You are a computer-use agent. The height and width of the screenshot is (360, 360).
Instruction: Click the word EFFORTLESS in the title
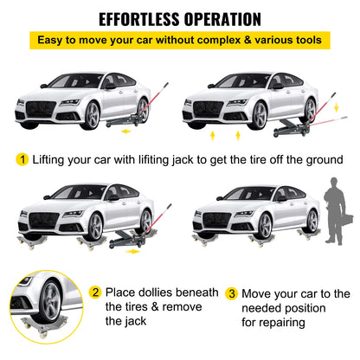[141, 18]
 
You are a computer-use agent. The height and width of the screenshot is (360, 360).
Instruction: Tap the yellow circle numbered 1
[19, 158]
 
